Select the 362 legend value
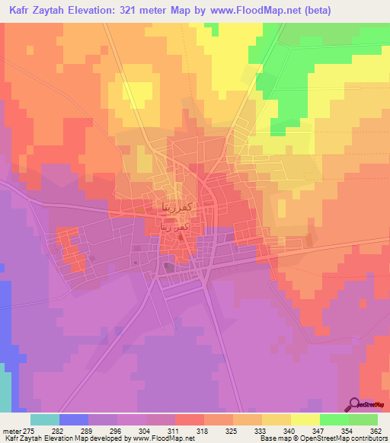[x=375, y=430]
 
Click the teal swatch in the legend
[x=45, y=419]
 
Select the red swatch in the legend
[x=189, y=419]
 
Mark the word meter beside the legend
[x=12, y=430]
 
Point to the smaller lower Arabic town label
[x=172, y=226]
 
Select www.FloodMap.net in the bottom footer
[x=162, y=439]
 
